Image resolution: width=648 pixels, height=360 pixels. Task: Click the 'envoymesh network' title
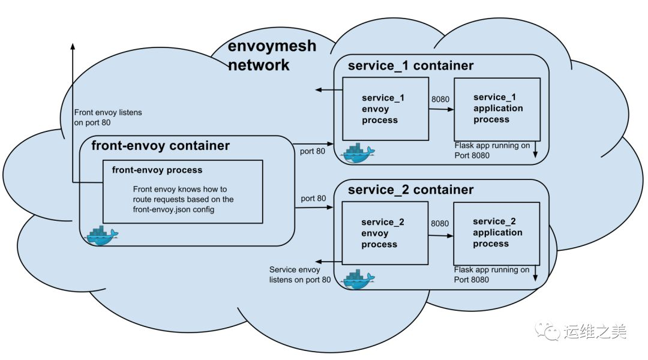coord(272,55)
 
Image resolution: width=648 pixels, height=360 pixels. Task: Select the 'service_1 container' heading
coord(410,65)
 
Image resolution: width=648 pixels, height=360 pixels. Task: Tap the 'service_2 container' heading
coord(410,190)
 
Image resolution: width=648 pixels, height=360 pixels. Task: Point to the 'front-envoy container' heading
coord(160,146)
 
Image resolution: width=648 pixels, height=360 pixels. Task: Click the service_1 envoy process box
coord(385,109)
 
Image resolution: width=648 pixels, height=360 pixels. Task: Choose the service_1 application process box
coord(497,109)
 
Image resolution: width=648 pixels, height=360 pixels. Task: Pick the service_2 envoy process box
coord(385,233)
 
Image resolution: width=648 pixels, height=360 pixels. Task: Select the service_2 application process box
coord(496,233)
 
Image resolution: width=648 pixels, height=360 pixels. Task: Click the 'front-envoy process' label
coord(157,170)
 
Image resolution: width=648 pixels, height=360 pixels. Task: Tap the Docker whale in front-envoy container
coord(102,235)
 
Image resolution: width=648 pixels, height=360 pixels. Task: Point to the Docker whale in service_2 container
coord(358,280)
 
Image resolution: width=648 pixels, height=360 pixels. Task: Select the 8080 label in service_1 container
coord(440,99)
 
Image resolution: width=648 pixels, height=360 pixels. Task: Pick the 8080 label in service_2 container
coord(440,223)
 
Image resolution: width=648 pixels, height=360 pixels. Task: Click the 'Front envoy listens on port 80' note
coord(108,117)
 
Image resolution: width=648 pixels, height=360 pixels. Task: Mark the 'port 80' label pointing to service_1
coord(313,151)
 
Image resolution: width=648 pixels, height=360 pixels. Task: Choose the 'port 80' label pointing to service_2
coord(313,199)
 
